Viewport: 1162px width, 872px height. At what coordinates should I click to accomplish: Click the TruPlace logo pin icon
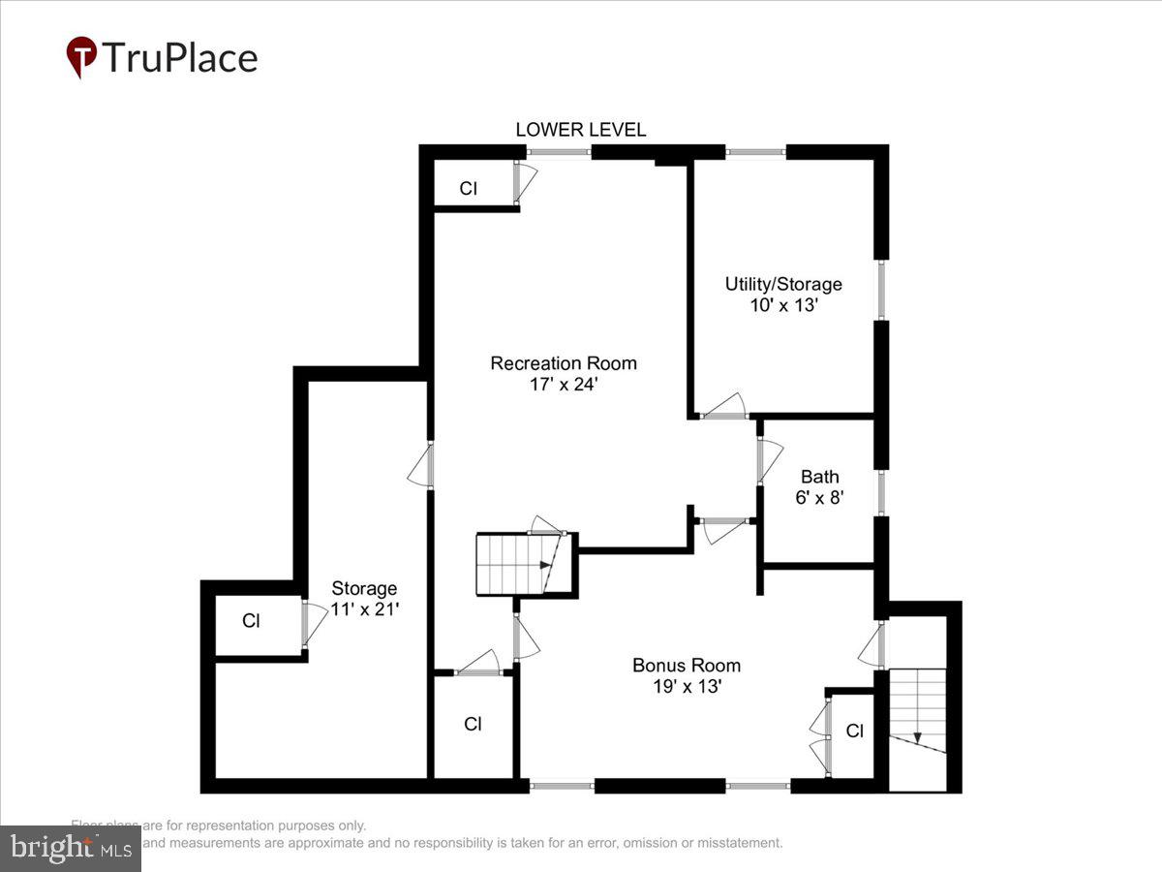[81, 56]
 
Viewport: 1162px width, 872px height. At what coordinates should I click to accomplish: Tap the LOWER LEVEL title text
[580, 130]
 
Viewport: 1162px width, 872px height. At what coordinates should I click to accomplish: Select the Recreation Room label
[564, 363]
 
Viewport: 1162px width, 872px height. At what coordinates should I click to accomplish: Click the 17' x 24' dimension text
[564, 384]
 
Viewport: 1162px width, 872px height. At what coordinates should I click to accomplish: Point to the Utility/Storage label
[783, 284]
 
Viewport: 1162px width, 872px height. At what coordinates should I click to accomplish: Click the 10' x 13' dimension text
[783, 304]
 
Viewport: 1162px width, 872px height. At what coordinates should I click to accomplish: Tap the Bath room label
[819, 477]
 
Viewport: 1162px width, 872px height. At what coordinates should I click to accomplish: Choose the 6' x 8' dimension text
[819, 497]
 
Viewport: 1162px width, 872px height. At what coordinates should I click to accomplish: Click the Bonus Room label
[687, 666]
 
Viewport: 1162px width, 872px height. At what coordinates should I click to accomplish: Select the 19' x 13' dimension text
[687, 686]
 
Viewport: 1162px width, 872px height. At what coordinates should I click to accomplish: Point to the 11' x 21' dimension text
[364, 608]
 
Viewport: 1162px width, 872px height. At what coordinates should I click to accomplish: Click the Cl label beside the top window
[468, 189]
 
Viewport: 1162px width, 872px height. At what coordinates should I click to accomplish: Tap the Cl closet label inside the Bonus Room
[854, 732]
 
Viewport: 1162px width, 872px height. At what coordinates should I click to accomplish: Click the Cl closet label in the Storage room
[251, 621]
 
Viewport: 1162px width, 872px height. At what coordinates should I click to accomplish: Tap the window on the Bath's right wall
[881, 491]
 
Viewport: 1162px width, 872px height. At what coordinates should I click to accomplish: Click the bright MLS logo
[70, 849]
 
